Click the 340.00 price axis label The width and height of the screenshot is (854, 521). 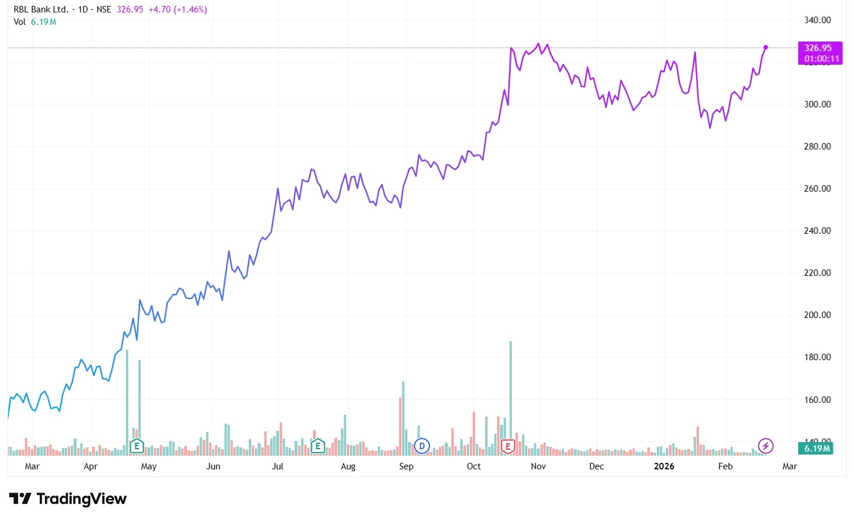coord(817,20)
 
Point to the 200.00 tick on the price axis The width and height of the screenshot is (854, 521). coord(817,315)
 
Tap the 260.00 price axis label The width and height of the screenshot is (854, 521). coord(817,189)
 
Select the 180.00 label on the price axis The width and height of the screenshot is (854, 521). coord(817,357)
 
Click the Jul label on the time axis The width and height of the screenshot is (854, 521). coord(277,466)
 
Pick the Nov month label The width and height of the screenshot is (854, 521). coord(538,466)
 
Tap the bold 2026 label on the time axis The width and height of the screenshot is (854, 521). coord(664,466)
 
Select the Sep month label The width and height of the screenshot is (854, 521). coord(406,466)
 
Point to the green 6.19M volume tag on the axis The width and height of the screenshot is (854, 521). coord(817,449)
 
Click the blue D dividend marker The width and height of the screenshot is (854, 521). coord(422,446)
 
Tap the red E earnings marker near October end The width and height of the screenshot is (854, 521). coord(508,446)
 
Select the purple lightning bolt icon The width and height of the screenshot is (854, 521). coord(766,446)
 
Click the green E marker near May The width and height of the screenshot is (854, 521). coord(137,446)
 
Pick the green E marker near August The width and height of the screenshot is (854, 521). coord(318,446)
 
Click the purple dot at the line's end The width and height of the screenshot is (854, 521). coord(766,47)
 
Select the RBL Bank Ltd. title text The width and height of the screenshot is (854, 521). coord(41,9)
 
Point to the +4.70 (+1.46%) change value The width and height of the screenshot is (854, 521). coord(178,9)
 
